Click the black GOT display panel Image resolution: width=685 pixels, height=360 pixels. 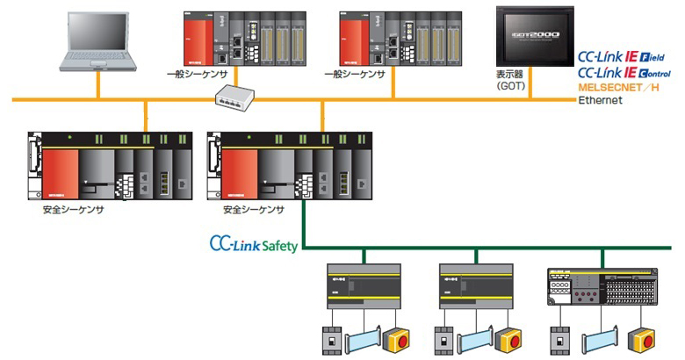[534, 36]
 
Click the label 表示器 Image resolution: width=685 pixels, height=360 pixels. [509, 76]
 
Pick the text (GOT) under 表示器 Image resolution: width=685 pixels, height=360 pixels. [509, 88]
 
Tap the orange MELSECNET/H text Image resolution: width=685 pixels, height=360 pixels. [618, 87]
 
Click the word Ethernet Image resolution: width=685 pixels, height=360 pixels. [600, 100]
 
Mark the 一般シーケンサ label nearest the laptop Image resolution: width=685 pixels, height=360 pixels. [197, 75]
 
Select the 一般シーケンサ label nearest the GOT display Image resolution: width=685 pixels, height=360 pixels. [355, 75]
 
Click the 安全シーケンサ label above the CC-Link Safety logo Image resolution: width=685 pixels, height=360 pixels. [254, 210]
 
